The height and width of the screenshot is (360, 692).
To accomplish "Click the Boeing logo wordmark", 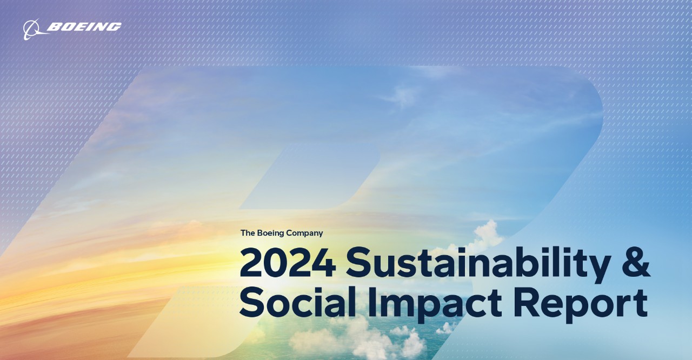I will tap(84, 27).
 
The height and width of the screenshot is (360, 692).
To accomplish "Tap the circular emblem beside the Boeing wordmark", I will tap(32, 29).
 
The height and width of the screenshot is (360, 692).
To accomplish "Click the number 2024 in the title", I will tap(287, 263).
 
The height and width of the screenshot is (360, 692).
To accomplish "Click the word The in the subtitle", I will tap(248, 233).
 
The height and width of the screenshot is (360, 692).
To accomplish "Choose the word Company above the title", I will tap(304, 234).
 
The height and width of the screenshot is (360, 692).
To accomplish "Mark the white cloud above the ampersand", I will tap(486, 234).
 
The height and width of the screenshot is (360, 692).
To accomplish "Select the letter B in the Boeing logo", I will tap(55, 27).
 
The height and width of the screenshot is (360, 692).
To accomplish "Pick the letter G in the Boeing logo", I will tap(114, 27).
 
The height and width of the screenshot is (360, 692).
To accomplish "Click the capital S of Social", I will tap(253, 303).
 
